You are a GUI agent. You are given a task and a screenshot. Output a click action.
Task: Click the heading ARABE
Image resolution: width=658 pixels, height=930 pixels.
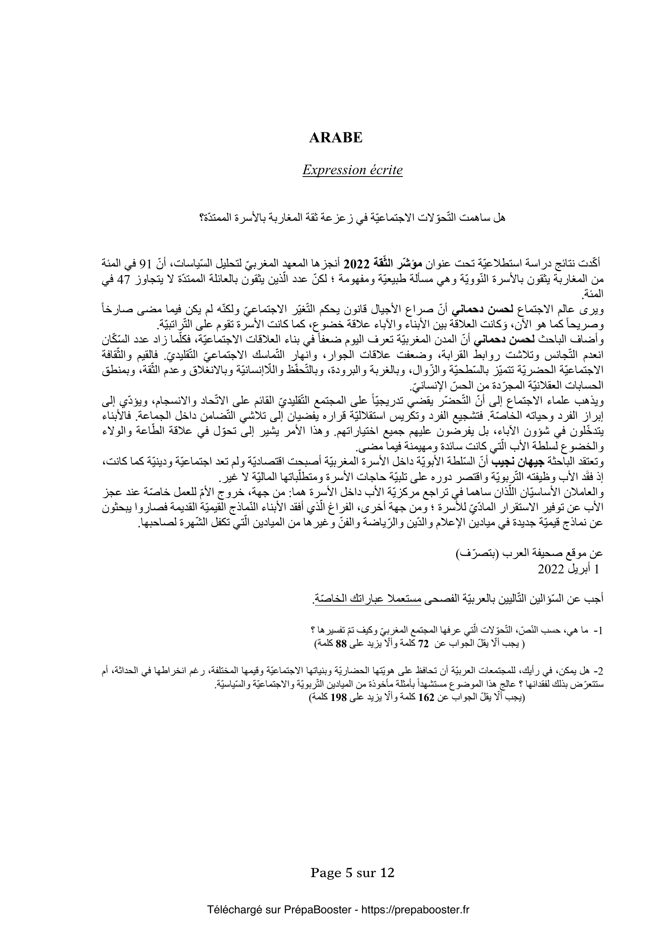[335, 138]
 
